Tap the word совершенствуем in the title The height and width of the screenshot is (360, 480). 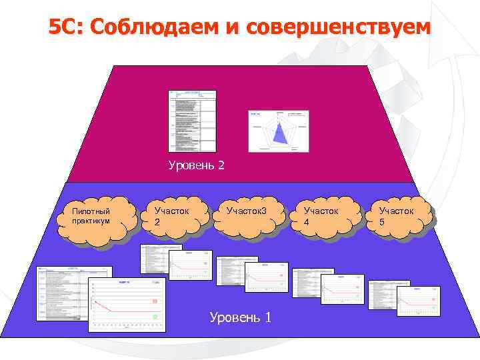(x=338, y=28)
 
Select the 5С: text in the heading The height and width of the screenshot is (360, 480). (x=66, y=28)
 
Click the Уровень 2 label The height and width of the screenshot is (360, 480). (x=196, y=165)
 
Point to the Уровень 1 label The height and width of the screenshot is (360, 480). (x=240, y=317)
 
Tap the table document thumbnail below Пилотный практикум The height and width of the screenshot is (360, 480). (x=73, y=293)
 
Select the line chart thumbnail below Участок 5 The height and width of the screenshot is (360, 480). (x=419, y=297)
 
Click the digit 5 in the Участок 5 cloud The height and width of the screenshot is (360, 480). (x=382, y=222)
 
